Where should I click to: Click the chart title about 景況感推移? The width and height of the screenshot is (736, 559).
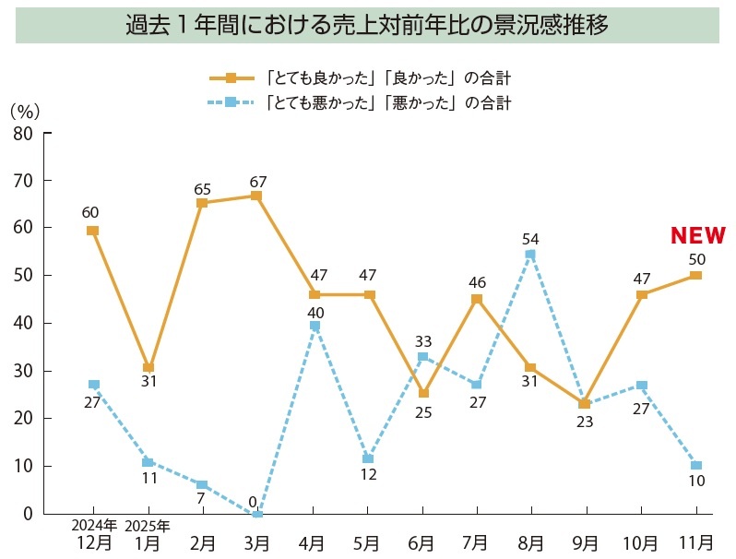click(367, 25)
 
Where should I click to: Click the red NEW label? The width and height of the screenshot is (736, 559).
click(697, 236)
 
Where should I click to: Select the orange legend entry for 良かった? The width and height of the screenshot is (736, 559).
click(360, 77)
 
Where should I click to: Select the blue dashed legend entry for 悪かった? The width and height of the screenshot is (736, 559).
click(360, 102)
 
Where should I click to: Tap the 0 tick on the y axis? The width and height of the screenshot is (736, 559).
click(28, 514)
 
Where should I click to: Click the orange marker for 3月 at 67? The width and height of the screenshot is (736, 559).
click(256, 196)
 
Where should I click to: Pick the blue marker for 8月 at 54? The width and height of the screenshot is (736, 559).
click(530, 255)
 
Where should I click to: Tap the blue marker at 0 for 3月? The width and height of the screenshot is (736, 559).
click(257, 513)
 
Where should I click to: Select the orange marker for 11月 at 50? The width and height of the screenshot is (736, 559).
click(695, 275)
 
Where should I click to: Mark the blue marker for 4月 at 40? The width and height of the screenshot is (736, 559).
click(315, 326)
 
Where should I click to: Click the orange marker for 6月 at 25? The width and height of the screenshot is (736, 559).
click(423, 393)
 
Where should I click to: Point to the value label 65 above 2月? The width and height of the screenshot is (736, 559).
click(203, 189)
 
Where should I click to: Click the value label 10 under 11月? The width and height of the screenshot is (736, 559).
click(695, 481)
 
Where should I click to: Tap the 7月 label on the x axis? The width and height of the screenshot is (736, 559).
click(477, 541)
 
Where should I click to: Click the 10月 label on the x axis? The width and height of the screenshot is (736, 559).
click(641, 541)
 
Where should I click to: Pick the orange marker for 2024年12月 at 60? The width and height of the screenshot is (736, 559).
click(92, 231)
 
